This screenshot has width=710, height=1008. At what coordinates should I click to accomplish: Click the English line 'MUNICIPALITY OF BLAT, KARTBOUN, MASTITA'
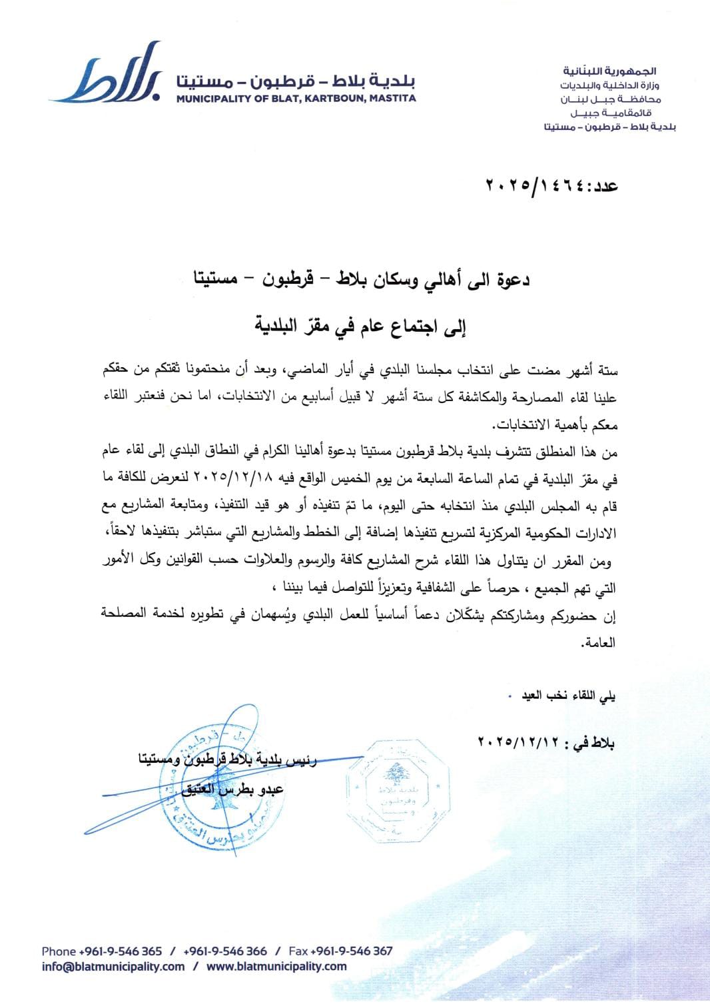click(296, 98)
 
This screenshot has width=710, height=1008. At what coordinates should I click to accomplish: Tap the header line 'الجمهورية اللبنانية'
click(620, 70)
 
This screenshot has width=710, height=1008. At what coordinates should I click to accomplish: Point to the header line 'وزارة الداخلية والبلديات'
click(615, 85)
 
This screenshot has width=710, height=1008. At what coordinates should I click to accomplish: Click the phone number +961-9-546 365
click(121, 951)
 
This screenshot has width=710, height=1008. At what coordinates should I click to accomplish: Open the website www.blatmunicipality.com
click(276, 967)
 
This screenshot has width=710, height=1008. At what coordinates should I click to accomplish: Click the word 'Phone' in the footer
click(59, 951)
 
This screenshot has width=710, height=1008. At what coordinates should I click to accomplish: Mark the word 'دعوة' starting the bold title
click(511, 280)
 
